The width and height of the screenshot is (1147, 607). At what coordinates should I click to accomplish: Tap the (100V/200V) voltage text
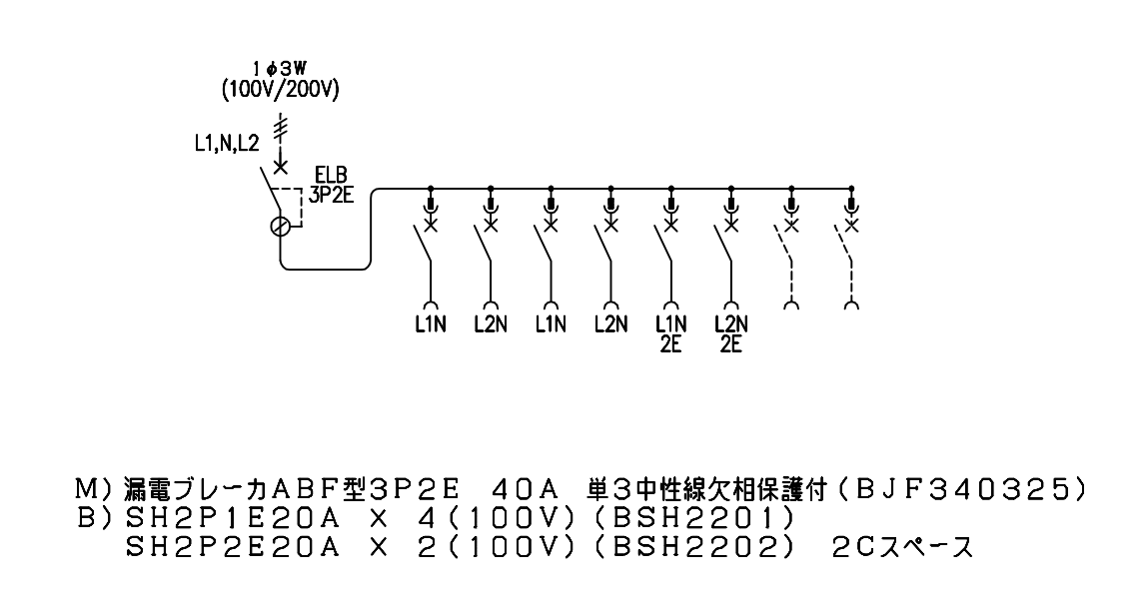(x=280, y=89)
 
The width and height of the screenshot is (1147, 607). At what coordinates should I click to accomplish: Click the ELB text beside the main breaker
(x=331, y=175)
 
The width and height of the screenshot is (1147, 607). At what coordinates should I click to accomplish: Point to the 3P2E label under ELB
(x=331, y=194)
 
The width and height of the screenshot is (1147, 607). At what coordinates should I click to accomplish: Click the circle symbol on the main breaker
(x=280, y=227)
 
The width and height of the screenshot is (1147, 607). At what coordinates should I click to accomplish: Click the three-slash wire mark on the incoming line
(x=280, y=128)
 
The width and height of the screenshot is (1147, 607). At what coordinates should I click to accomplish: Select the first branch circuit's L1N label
(x=430, y=324)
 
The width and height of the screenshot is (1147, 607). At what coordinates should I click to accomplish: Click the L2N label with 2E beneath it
(x=730, y=324)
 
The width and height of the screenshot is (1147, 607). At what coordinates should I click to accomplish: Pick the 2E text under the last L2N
(x=730, y=344)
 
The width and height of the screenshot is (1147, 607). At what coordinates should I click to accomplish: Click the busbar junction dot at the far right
(x=850, y=189)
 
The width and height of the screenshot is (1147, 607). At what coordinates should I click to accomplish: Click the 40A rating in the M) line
(x=526, y=489)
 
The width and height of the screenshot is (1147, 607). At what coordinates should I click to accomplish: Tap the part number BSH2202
(x=692, y=547)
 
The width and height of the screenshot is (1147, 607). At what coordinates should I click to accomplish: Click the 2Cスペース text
(x=902, y=547)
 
